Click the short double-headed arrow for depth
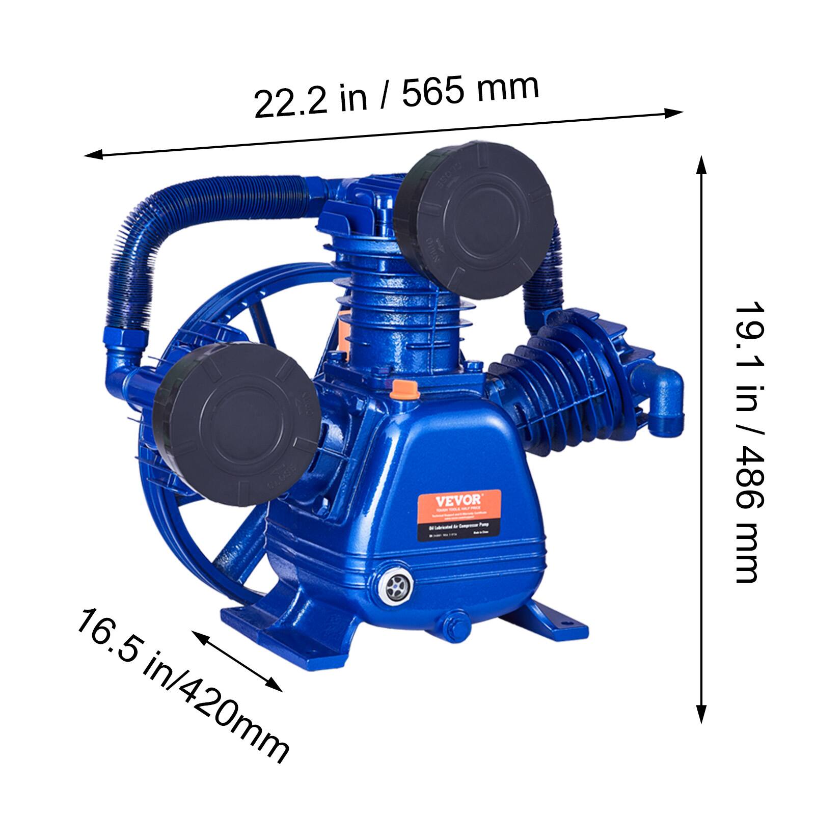[237, 661]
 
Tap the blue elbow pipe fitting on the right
[662, 392]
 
